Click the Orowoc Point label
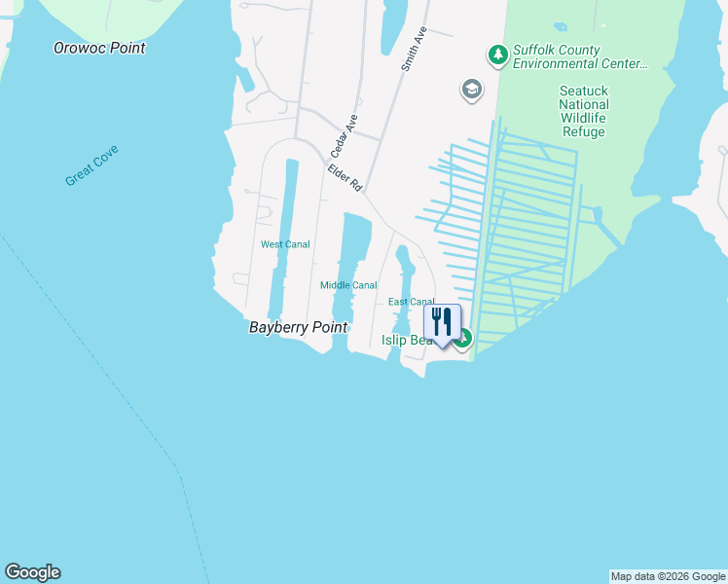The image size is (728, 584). pyautogui.click(x=100, y=48)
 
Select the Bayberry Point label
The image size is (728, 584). pyautogui.click(x=298, y=328)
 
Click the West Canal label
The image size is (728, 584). pyautogui.click(x=285, y=244)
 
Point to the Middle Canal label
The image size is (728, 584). pyautogui.click(x=348, y=285)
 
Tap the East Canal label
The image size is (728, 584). pyautogui.click(x=412, y=303)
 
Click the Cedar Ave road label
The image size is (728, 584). pyautogui.click(x=345, y=136)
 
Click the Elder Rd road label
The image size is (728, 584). pyautogui.click(x=345, y=176)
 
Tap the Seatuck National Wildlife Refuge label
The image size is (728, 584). pyautogui.click(x=584, y=111)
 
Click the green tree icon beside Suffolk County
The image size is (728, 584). pyautogui.click(x=497, y=55)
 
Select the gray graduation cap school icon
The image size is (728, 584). pyautogui.click(x=472, y=91)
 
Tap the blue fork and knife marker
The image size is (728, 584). pyautogui.click(x=442, y=322)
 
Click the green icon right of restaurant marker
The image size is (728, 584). pyautogui.click(x=464, y=339)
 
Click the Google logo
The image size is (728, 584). pyautogui.click(x=32, y=572)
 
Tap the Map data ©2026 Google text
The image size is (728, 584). pyautogui.click(x=668, y=576)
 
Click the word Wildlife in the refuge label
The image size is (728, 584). pyautogui.click(x=584, y=118)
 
